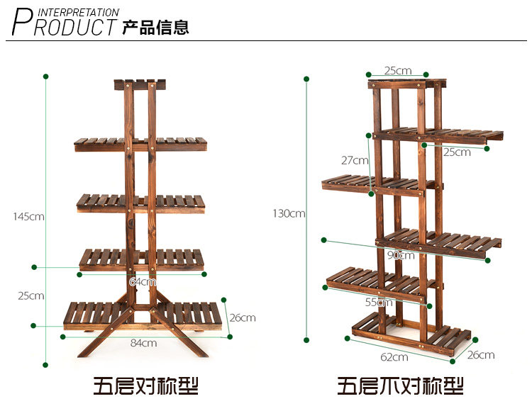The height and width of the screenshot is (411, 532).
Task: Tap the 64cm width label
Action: (x=143, y=281)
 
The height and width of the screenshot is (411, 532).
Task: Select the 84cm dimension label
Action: (x=143, y=343)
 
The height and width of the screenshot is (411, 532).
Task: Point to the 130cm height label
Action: (x=289, y=213)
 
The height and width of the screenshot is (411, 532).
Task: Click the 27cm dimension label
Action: (x=355, y=160)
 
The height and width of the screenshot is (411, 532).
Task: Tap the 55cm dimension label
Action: (x=379, y=302)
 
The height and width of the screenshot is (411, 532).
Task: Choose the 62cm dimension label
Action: (x=394, y=356)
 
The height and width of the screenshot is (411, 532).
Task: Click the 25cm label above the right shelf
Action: (x=398, y=70)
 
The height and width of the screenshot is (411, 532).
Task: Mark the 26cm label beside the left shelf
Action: (x=243, y=317)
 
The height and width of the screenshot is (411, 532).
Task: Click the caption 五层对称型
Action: (x=146, y=386)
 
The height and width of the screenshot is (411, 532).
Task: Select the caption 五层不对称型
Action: (x=400, y=386)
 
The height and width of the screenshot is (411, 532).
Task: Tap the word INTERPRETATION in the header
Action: (x=78, y=12)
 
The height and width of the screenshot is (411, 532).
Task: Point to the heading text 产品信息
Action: (x=155, y=28)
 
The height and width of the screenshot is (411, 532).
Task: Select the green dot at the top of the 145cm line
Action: (x=45, y=76)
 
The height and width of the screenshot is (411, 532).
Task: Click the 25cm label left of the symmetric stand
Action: (x=31, y=295)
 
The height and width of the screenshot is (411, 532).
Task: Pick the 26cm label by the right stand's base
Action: (x=481, y=354)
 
